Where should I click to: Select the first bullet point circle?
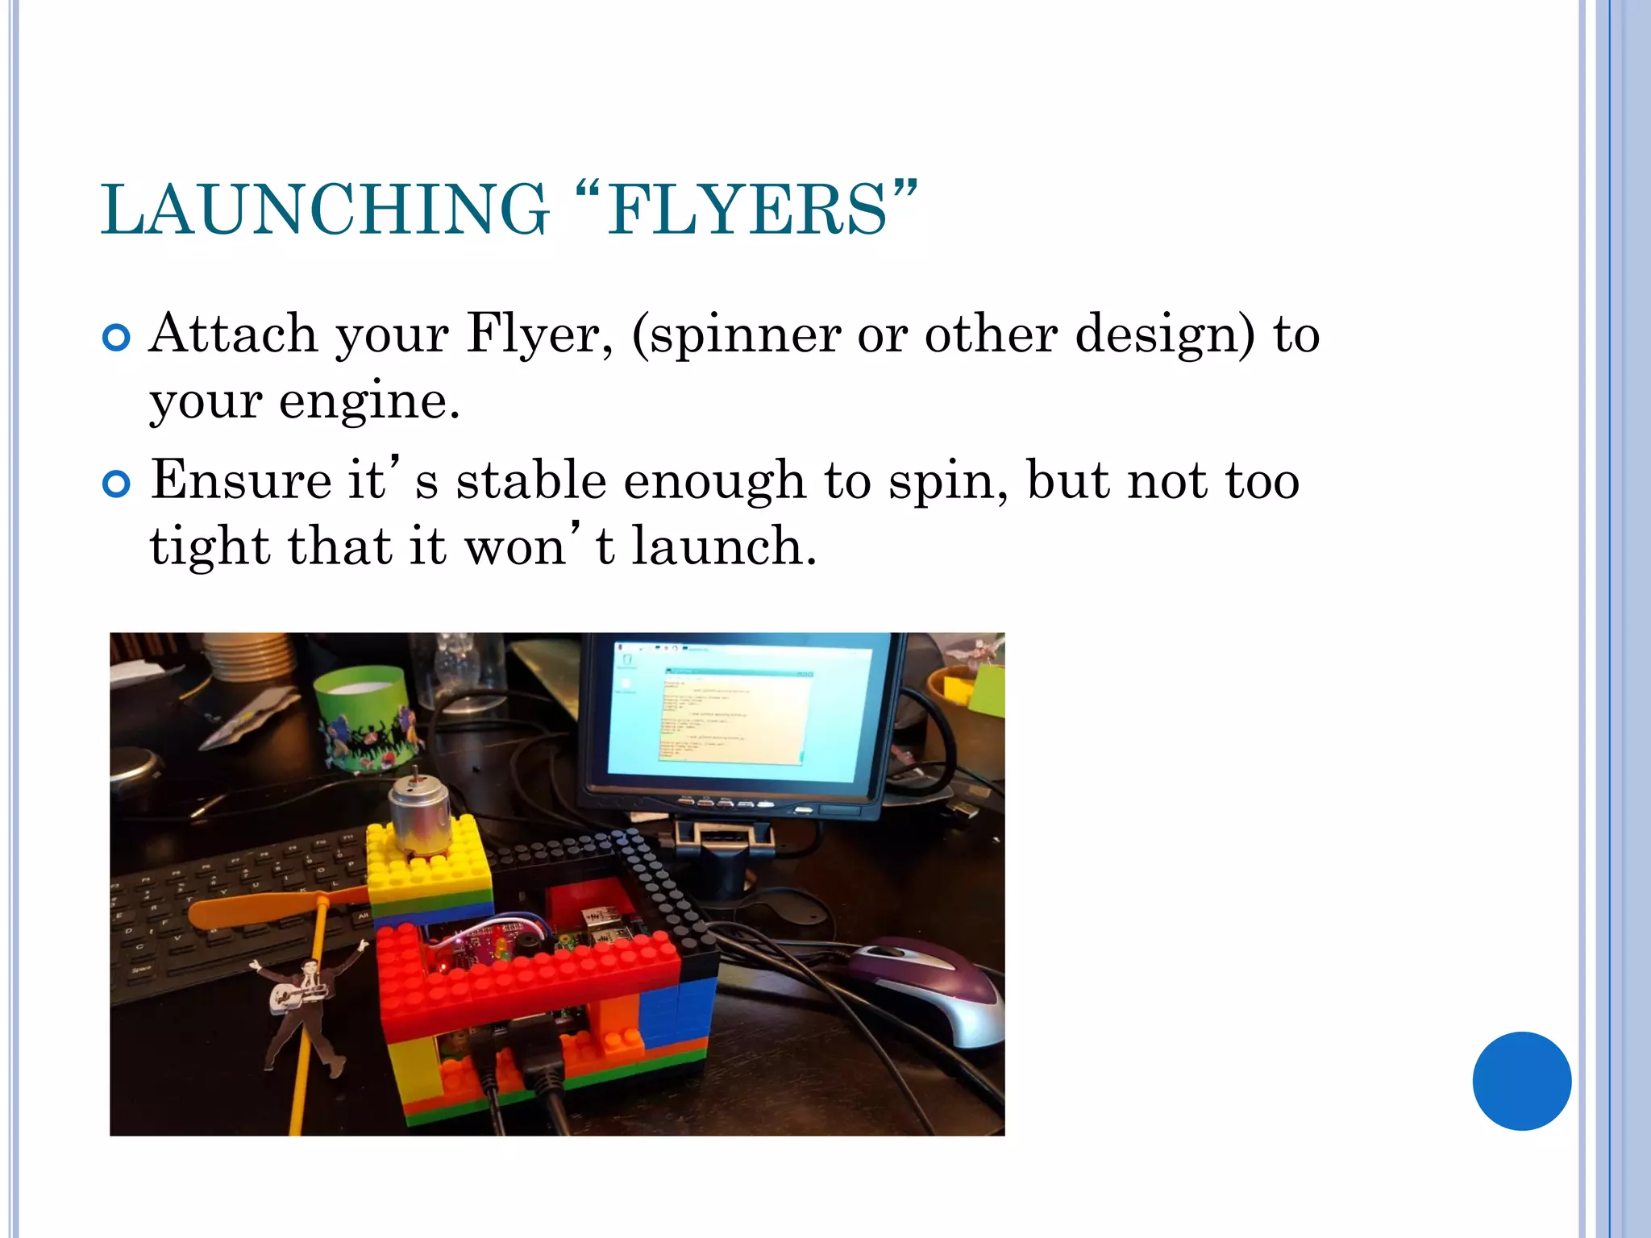[x=117, y=338]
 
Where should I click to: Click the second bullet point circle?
[x=117, y=484]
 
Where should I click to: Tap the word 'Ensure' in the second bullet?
[x=241, y=481]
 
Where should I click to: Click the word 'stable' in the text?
[x=531, y=481]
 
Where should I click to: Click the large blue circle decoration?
[x=1521, y=1081]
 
